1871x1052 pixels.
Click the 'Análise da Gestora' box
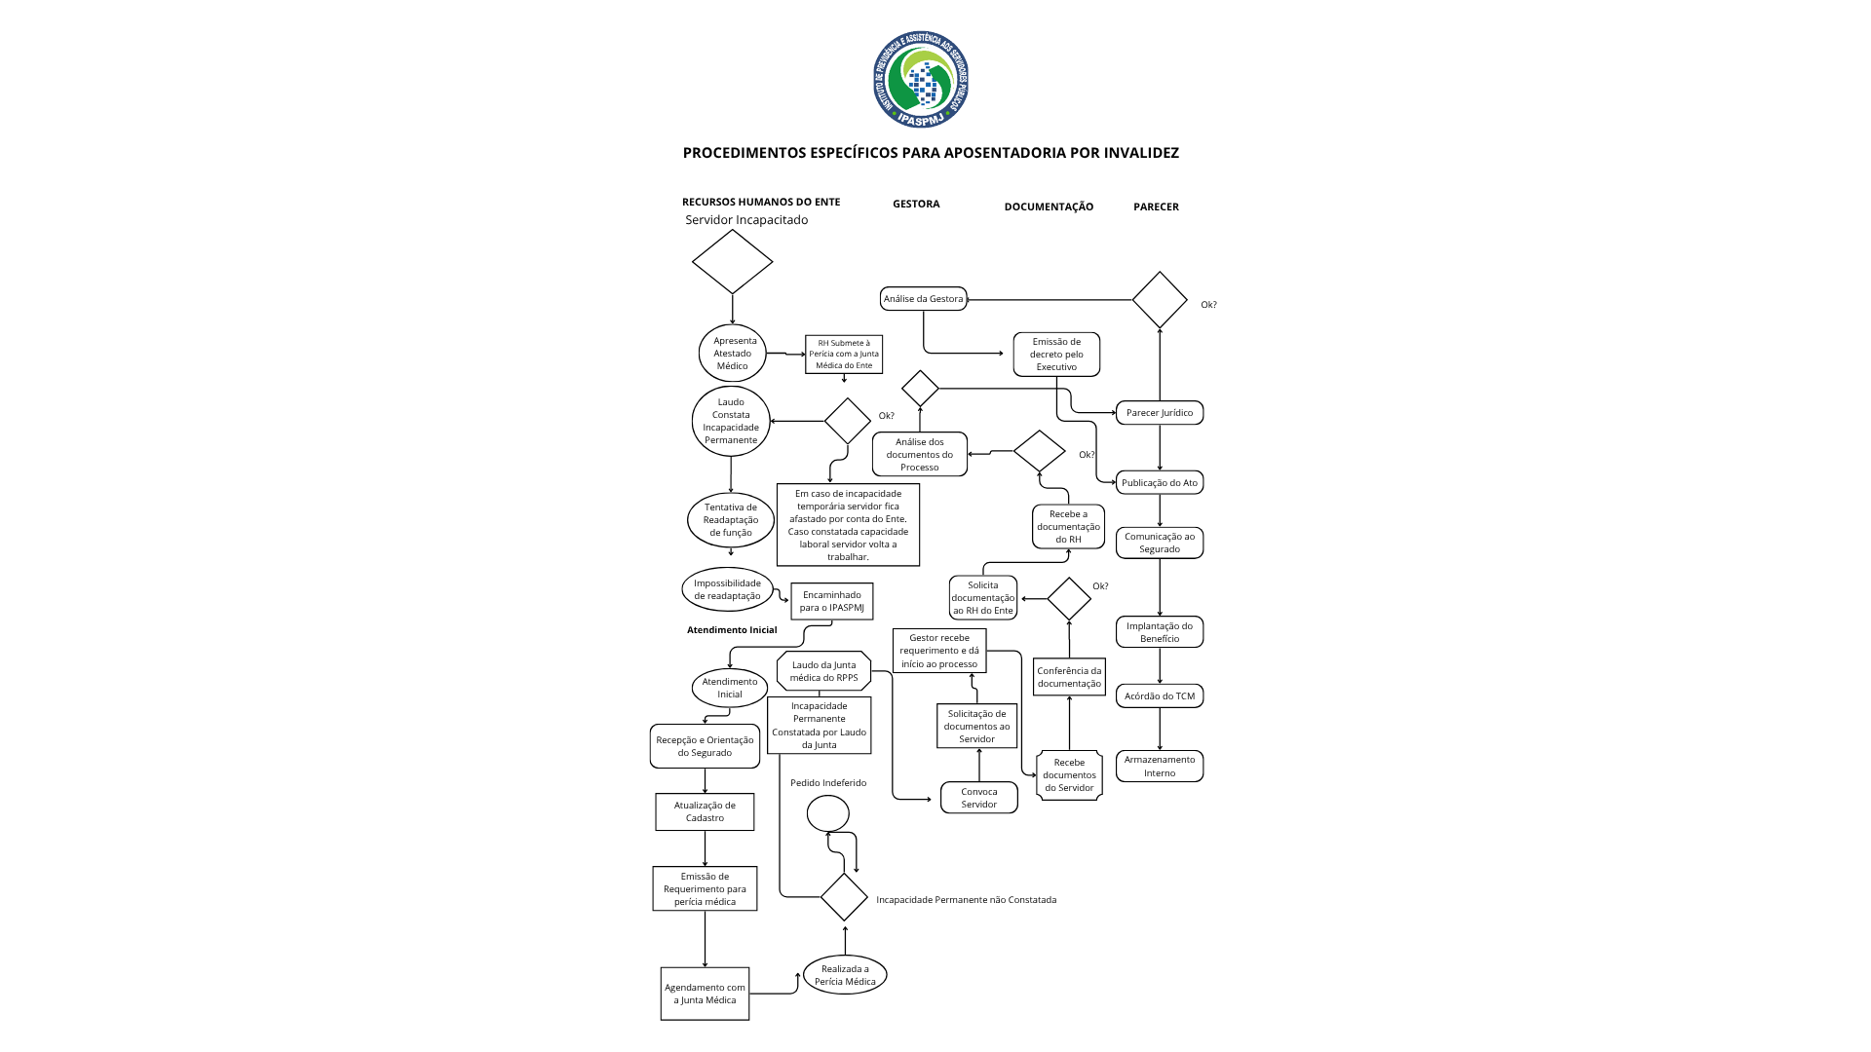pyautogui.click(x=923, y=299)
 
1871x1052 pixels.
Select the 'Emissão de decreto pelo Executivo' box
pyautogui.click(x=1056, y=355)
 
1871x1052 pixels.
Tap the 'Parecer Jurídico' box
pyautogui.click(x=1160, y=413)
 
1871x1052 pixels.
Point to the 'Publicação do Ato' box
pyautogui.click(x=1160, y=483)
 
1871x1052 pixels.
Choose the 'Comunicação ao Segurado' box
pyautogui.click(x=1160, y=543)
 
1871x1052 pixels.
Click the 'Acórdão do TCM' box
pyautogui.click(x=1160, y=696)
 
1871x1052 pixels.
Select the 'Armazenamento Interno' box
pyautogui.click(x=1160, y=767)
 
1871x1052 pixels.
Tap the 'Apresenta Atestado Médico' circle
pyautogui.click(x=733, y=354)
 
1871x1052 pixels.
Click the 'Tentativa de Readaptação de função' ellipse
pyautogui.click(x=731, y=520)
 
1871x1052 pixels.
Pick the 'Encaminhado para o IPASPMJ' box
pyautogui.click(x=832, y=601)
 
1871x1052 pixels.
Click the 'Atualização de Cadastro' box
pyautogui.click(x=705, y=811)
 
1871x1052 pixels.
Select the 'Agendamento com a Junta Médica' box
pyautogui.click(x=705, y=994)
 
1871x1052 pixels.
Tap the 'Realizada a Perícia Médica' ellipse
pyautogui.click(x=845, y=975)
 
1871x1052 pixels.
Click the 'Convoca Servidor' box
pyautogui.click(x=979, y=798)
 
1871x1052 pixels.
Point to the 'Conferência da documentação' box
pyautogui.click(x=1069, y=677)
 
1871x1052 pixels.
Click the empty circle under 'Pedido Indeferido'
pyautogui.click(x=828, y=813)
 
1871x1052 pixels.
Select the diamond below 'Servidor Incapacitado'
pyautogui.click(x=732, y=261)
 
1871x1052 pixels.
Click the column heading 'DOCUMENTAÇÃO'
pyautogui.click(x=1049, y=207)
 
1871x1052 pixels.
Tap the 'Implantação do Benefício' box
pyautogui.click(x=1160, y=632)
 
